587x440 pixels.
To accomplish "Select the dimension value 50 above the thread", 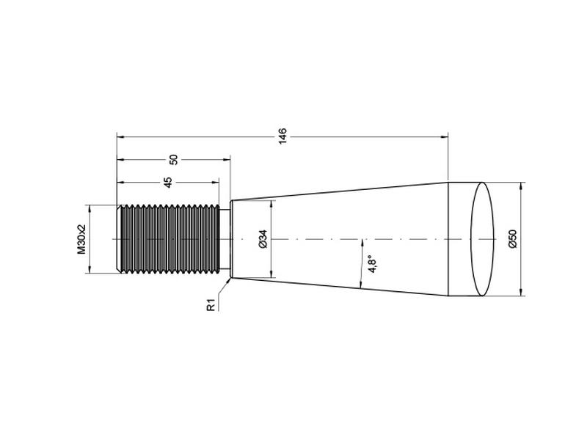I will pos(173,159).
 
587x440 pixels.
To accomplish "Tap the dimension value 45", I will pos(167,182).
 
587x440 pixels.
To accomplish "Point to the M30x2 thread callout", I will pos(82,239).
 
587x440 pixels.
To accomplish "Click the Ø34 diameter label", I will pos(263,239).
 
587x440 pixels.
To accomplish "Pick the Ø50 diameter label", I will pos(512,239).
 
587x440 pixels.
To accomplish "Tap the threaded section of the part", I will pos(169,239).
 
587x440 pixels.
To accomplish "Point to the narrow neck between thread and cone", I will pos(225,239).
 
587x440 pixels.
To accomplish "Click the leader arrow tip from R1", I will pos(231,277).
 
